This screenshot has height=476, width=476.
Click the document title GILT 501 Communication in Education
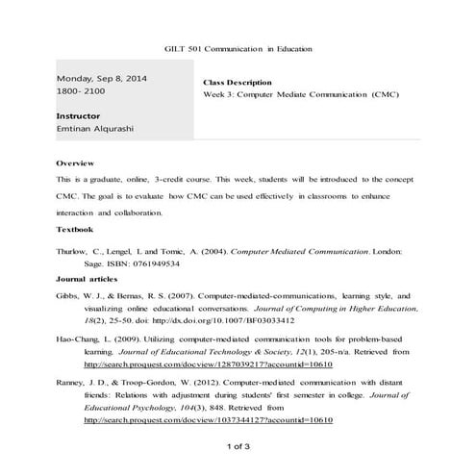click(x=238, y=49)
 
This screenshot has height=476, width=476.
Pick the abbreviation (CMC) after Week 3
click(x=381, y=95)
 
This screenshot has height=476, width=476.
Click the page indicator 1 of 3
click(x=238, y=446)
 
